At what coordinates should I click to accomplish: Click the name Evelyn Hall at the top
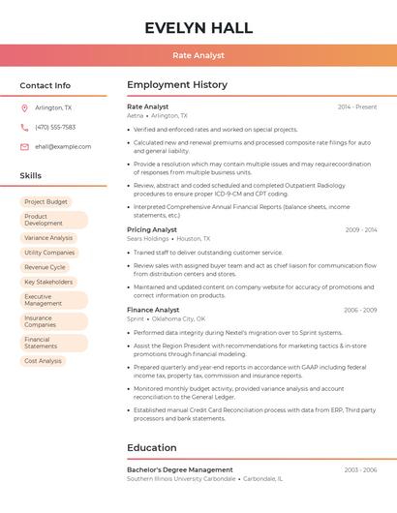click(x=198, y=28)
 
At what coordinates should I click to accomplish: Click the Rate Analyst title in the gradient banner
click(x=198, y=56)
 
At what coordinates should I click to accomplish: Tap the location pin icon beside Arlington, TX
click(x=24, y=107)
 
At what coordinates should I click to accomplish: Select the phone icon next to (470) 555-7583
click(x=24, y=127)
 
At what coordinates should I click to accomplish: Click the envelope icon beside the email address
click(x=24, y=147)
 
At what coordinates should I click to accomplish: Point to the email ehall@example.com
click(x=63, y=147)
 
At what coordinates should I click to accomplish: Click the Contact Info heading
click(x=45, y=85)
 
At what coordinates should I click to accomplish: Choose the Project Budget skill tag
click(x=46, y=202)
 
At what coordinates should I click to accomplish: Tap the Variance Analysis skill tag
click(x=48, y=237)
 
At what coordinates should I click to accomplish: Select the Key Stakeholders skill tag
click(x=48, y=282)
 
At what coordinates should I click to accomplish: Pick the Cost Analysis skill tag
click(x=43, y=361)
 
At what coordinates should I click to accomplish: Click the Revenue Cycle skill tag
click(x=45, y=267)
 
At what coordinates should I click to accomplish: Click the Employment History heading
click(x=177, y=85)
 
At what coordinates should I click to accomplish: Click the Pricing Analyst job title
click(x=152, y=229)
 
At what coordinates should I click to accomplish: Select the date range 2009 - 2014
click(x=360, y=229)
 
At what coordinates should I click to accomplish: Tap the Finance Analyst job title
click(x=153, y=310)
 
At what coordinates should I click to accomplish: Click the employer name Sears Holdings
click(x=147, y=238)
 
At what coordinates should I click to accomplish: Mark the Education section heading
click(x=151, y=448)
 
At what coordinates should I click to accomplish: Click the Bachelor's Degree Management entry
click(x=180, y=469)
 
